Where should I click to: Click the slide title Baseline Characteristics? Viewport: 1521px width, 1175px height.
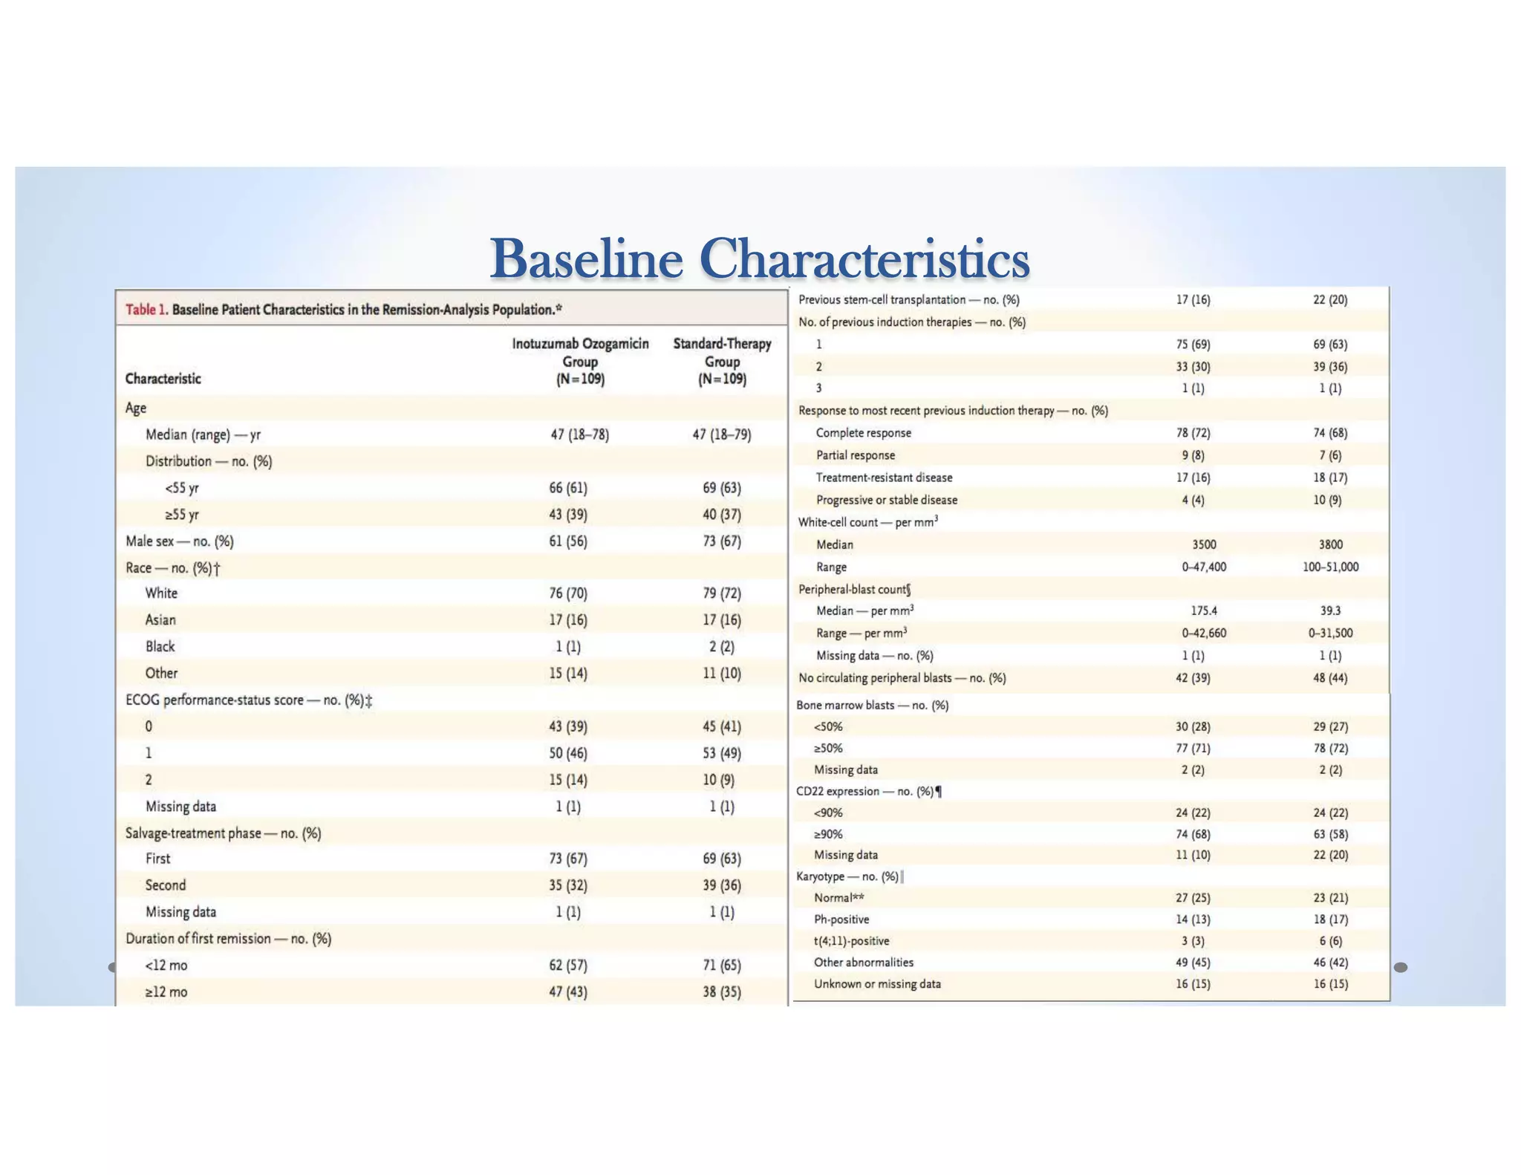pos(759,258)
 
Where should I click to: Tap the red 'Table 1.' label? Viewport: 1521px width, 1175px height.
pos(146,310)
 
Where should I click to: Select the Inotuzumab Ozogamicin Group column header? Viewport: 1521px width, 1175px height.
pos(580,362)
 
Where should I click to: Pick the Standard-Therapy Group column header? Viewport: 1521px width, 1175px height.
pos(722,362)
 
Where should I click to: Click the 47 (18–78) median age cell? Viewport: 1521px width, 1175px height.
pos(579,434)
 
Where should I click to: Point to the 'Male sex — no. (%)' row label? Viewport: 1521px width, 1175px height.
pos(180,541)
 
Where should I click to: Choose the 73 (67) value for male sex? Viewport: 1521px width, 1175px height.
pos(722,541)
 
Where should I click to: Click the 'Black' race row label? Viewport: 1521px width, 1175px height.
pos(160,647)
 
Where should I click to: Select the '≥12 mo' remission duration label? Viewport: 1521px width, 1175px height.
pos(166,992)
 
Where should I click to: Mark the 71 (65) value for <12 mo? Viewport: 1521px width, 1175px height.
pos(722,966)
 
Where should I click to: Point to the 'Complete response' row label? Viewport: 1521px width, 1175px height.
pos(863,433)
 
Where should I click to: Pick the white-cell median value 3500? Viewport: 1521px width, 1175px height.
pos(1204,544)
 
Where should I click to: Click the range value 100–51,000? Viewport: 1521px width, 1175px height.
pos(1330,567)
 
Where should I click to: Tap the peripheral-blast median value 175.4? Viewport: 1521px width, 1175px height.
pos(1204,611)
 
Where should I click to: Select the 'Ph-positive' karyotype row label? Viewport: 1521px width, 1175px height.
pos(841,920)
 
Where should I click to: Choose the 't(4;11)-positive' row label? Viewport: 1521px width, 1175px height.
pos(851,941)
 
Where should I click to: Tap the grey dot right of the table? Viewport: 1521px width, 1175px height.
pos(1401,967)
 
